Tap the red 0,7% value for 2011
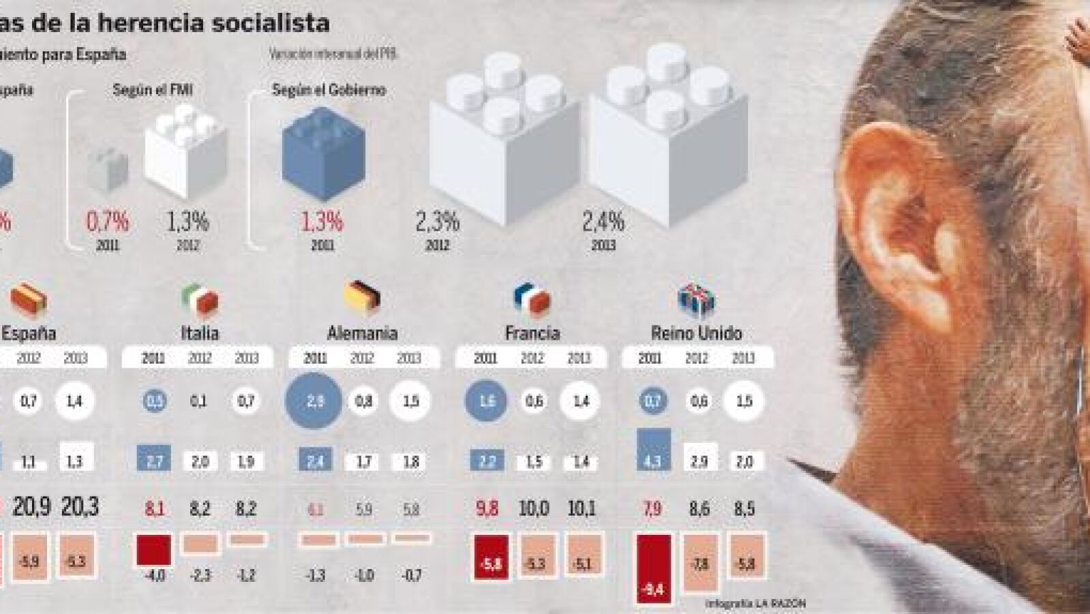pos(107,222)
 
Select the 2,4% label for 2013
pos(603,222)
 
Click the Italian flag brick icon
pos(200,299)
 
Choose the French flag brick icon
pos(532,299)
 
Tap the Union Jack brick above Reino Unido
pos(696,299)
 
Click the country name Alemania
pos(362,334)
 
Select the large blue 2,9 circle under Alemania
pos(314,401)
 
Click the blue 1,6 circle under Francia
pos(487,401)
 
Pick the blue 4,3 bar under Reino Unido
pos(652,450)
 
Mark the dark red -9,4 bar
pos(652,570)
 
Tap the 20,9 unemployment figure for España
pos(32,507)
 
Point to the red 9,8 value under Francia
pos(487,509)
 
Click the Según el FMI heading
pos(152,89)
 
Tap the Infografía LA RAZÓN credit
pos(755,604)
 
